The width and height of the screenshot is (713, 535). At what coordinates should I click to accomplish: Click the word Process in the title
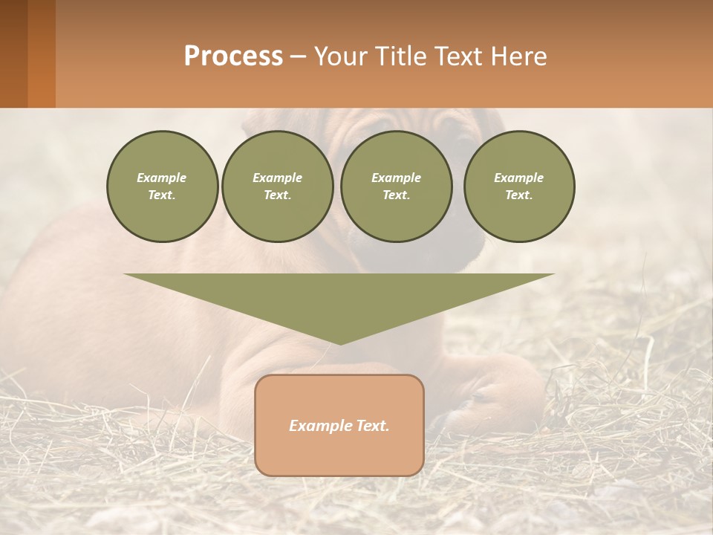coord(233,56)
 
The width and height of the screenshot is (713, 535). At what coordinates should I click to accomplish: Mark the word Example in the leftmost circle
coord(162,178)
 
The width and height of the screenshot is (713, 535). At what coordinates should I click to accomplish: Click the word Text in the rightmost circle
coord(519,195)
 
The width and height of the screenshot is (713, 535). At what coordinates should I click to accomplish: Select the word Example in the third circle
coord(396,178)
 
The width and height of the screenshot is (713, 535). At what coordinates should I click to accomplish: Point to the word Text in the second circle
coord(277,195)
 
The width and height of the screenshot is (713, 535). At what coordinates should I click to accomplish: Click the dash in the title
coord(299,57)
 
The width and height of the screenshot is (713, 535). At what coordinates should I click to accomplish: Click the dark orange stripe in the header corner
coord(42,53)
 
